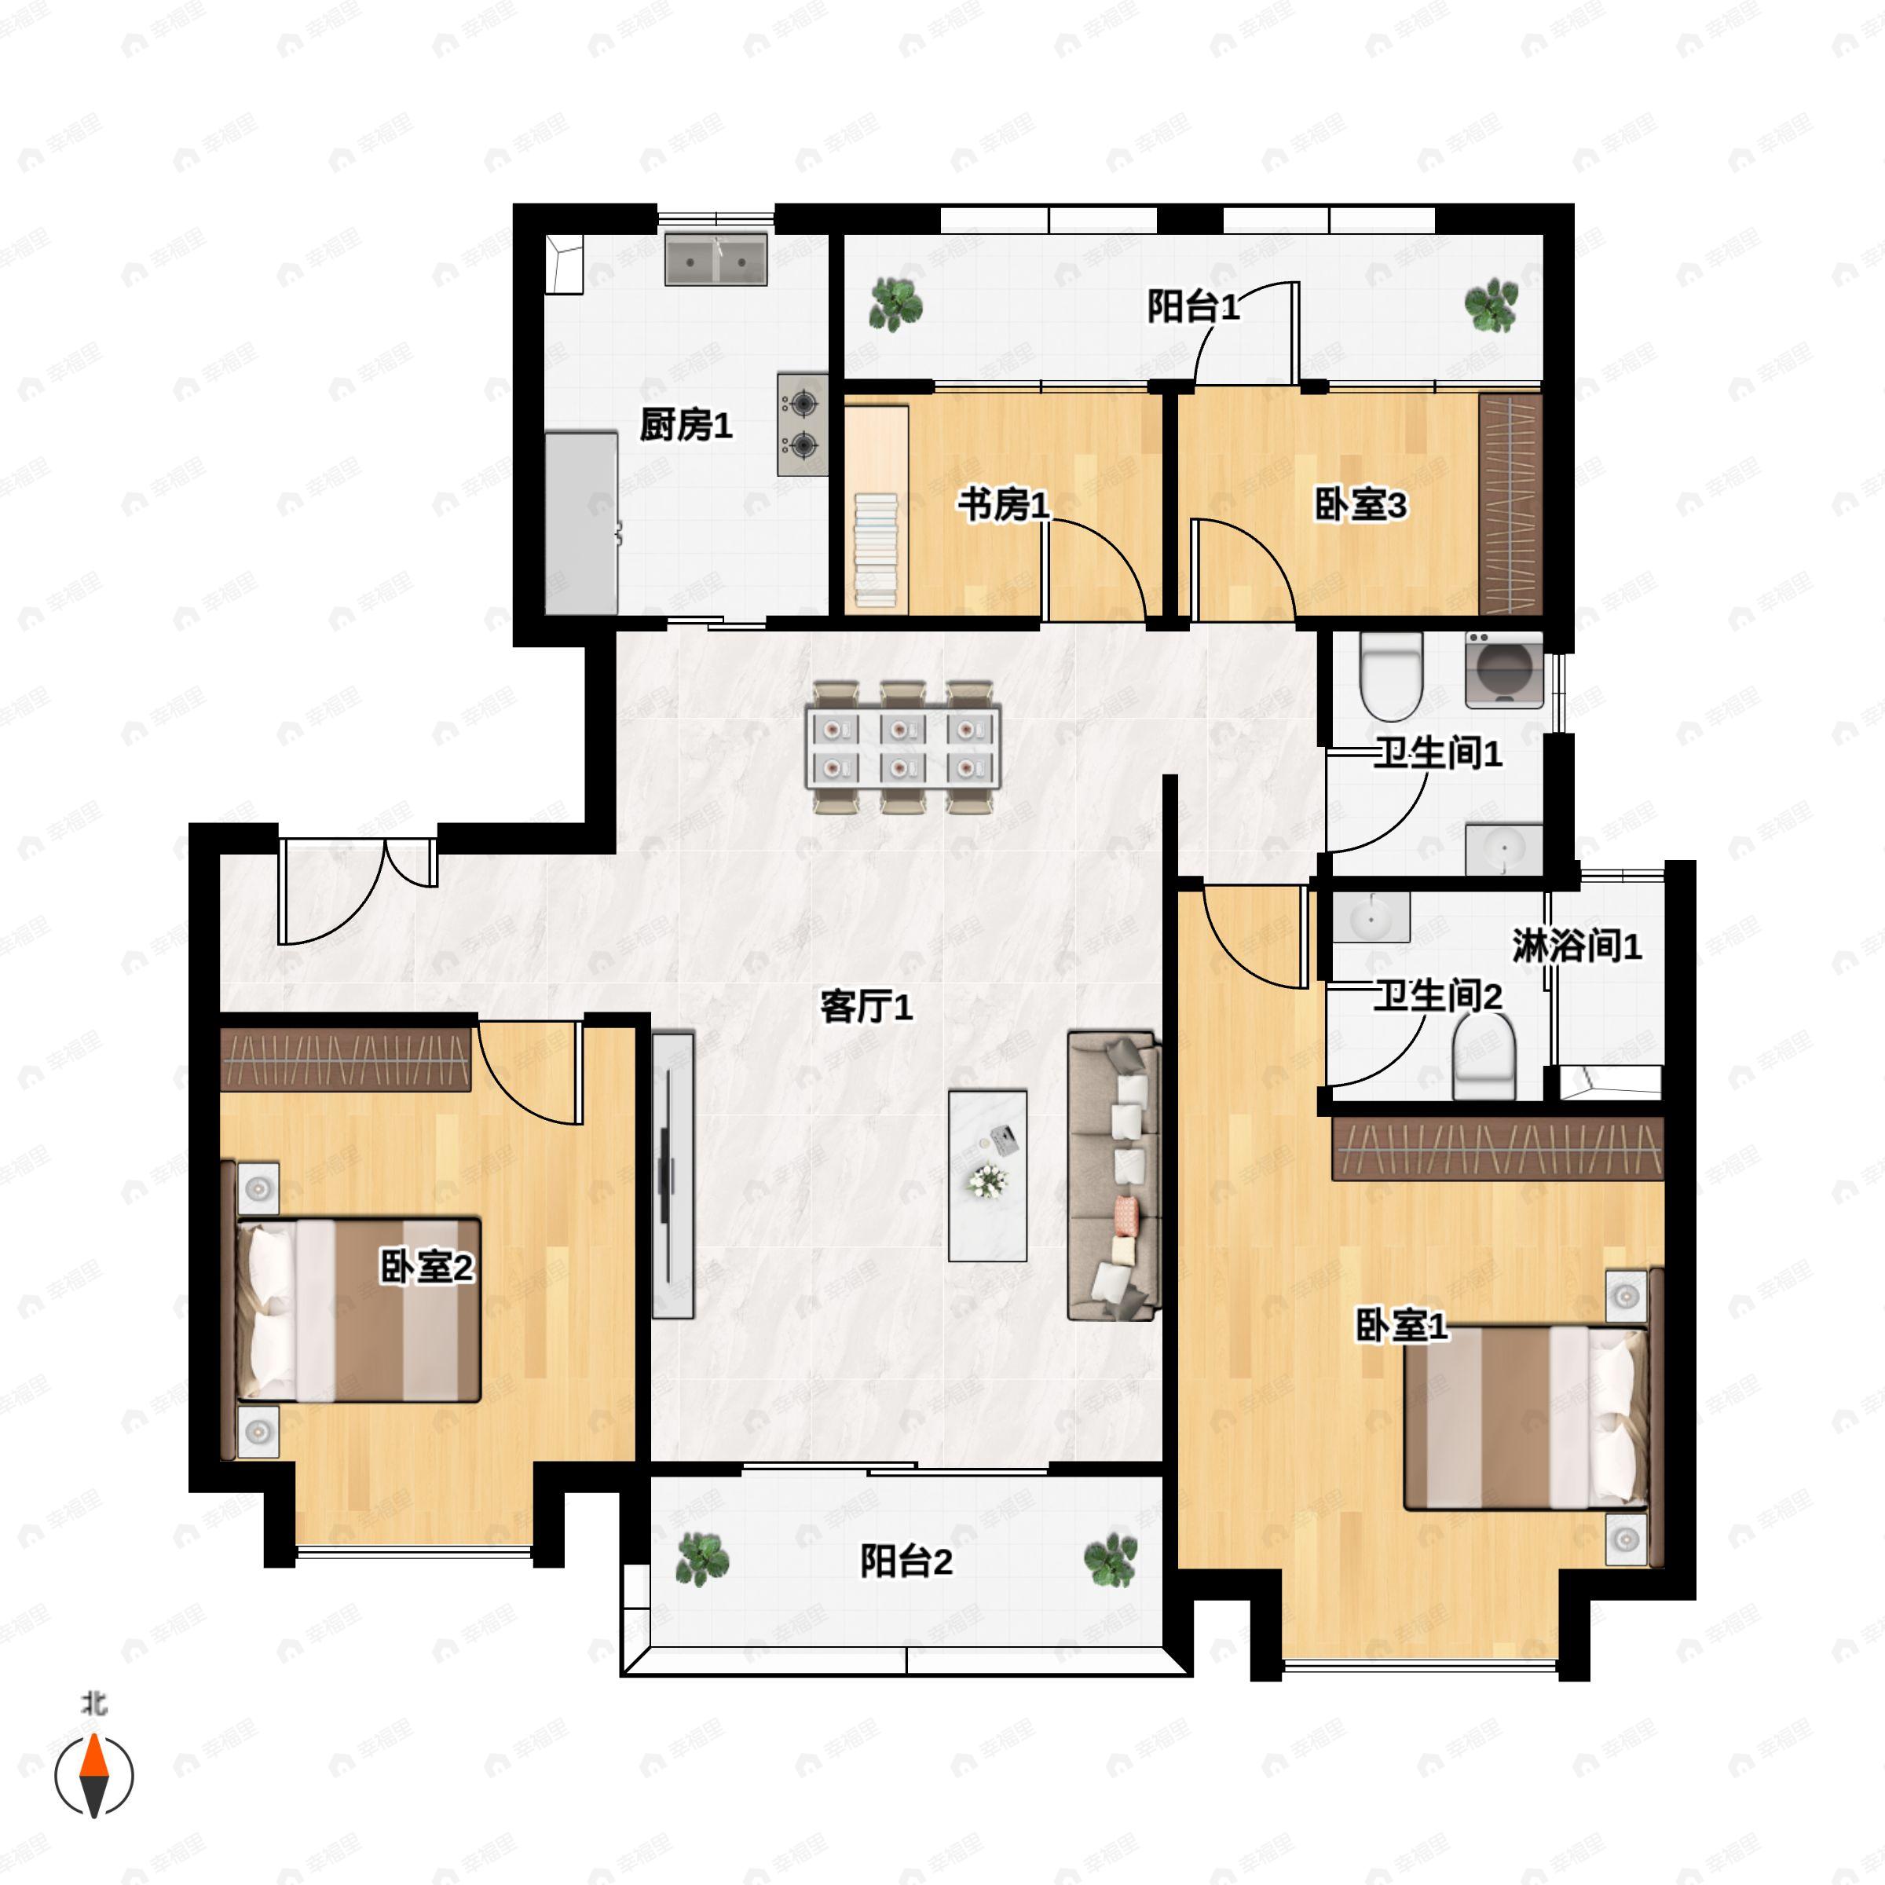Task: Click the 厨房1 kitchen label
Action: tap(686, 426)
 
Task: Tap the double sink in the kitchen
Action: tap(716, 258)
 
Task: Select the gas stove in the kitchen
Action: tap(803, 424)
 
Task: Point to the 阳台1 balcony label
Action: tap(1193, 306)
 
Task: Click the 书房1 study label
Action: tap(1003, 505)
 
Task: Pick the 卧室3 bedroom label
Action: tap(1360, 505)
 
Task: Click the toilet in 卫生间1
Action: tap(1391, 676)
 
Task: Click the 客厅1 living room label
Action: tap(866, 1007)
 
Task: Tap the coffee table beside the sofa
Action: tap(987, 1176)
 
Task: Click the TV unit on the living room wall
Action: tap(672, 1176)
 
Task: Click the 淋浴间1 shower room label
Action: tap(1576, 946)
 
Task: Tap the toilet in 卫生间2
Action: tap(1484, 1056)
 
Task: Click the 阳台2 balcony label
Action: tap(906, 1561)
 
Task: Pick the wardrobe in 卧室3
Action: tap(1510, 503)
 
